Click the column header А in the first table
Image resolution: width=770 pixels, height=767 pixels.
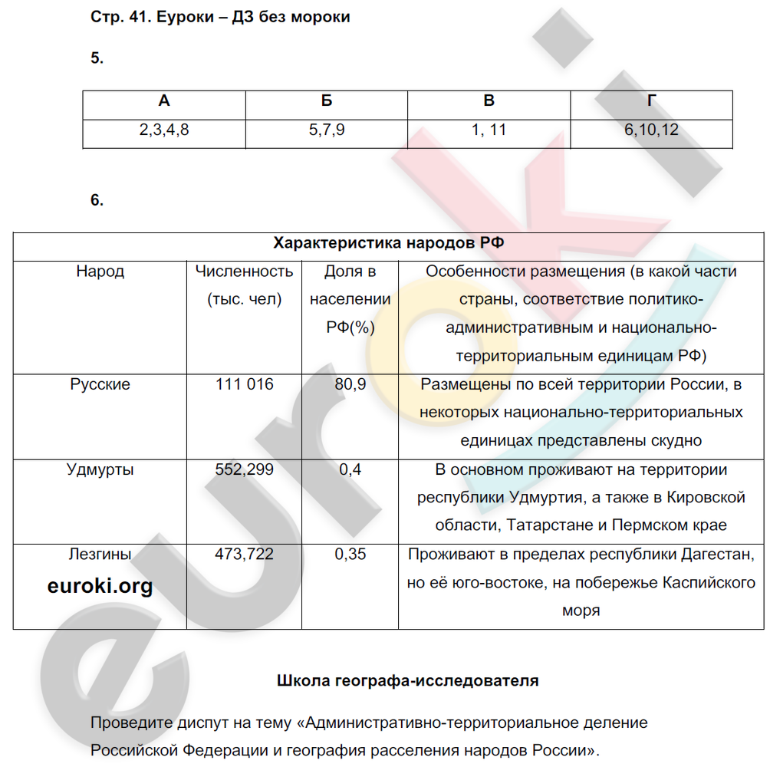coord(164,102)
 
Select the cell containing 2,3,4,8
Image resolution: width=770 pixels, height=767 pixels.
coord(164,130)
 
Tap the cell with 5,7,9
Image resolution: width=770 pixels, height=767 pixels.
coord(327,130)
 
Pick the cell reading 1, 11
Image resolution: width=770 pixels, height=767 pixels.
coord(489,130)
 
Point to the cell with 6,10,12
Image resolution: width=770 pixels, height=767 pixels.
coord(651,130)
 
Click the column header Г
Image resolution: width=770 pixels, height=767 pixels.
coord(651,102)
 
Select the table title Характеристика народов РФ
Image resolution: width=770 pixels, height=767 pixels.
coord(389,243)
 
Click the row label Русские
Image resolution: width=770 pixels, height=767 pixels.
coord(100,384)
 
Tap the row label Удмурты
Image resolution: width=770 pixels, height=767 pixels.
coord(100,469)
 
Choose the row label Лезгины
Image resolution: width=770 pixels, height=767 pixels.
coord(100,554)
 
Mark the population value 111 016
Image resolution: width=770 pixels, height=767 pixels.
coord(244,384)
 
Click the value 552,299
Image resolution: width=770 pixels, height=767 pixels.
coord(244,469)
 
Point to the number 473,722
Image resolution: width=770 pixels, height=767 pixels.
coord(244,554)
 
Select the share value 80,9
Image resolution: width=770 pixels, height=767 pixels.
coord(350,384)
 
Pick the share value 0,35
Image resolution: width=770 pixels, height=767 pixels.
coord(350,554)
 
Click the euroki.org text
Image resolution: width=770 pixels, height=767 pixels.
coord(100,587)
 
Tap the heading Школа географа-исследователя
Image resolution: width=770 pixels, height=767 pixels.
coord(407,680)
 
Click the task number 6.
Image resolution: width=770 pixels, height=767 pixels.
coord(96,200)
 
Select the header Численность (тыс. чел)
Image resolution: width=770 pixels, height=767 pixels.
coord(244,285)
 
